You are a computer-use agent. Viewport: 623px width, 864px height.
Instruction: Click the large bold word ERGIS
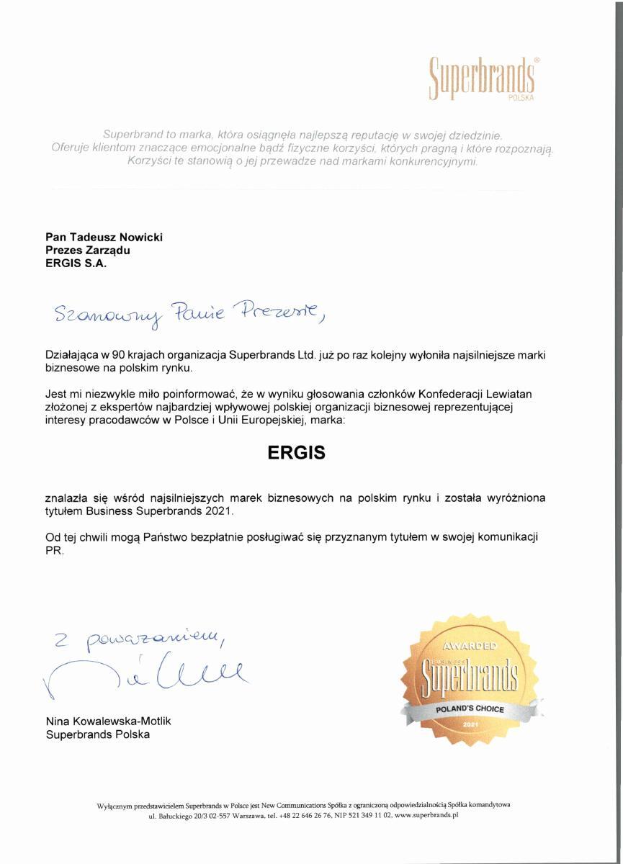pos(296,453)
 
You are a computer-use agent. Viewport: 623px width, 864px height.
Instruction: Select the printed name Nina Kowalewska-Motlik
pos(108,721)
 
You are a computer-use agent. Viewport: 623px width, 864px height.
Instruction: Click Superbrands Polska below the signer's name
pos(97,734)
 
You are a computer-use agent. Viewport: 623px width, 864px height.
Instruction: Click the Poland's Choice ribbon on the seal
pos(469,709)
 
